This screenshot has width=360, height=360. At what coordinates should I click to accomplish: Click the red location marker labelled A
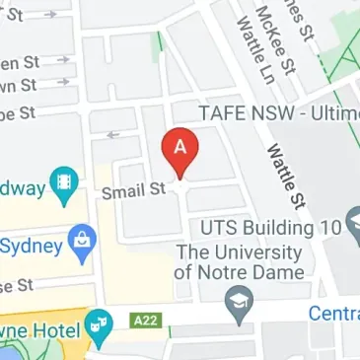(x=180, y=150)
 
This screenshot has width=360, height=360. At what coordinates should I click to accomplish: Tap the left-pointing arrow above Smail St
(x=112, y=135)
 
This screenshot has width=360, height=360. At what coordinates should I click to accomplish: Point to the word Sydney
(x=30, y=244)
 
